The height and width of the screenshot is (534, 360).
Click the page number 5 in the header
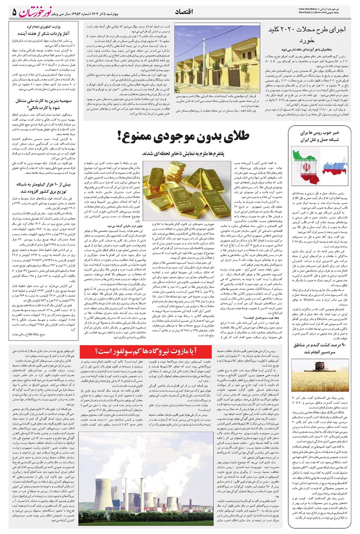pos(14,12)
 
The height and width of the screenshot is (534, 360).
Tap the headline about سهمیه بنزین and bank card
pos(44,104)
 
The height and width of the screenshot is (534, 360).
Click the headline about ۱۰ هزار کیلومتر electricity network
pos(44,188)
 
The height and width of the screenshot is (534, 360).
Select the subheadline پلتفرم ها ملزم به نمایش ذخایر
pos(183,153)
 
